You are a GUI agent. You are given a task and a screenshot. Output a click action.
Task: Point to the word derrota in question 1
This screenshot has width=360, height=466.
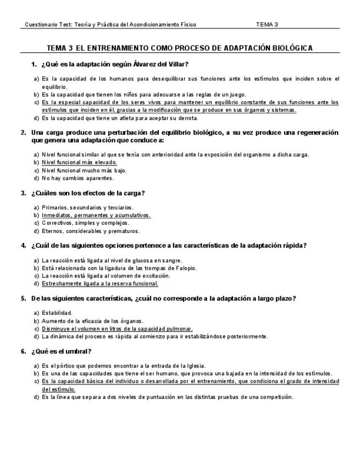pyautogui.click(x=186, y=118)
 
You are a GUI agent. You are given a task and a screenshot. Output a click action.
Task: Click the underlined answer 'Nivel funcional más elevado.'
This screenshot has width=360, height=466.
pyautogui.click(x=79, y=163)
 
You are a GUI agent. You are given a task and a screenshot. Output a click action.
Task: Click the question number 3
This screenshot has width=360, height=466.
pyautogui.click(x=24, y=193)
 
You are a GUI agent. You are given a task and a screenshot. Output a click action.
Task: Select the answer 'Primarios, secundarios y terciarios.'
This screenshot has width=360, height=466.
pyautogui.click(x=87, y=208)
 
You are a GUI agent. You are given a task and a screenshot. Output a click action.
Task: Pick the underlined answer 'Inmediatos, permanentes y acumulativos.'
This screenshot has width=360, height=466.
pyautogui.click(x=96, y=215)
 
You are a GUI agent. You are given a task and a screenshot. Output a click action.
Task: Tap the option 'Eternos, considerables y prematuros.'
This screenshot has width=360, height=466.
pyautogui.click(x=91, y=231)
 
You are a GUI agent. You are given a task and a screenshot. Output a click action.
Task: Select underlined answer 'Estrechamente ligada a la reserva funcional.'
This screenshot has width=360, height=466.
pyautogui.click(x=99, y=284)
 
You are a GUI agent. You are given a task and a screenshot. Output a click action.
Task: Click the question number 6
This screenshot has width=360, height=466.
pyautogui.click(x=24, y=351)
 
